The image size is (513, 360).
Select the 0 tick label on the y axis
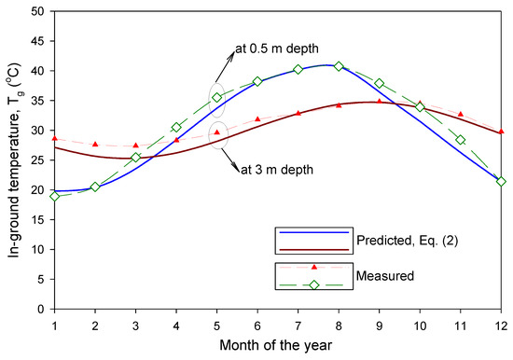(40, 309)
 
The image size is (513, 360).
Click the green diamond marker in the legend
(314, 284)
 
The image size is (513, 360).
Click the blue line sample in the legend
(314, 231)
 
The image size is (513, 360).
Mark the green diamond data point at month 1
(55, 196)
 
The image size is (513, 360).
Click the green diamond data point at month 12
(501, 181)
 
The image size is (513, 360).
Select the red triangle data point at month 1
(55, 138)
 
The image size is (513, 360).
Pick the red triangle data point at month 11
(460, 114)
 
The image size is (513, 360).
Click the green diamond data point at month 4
(176, 127)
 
